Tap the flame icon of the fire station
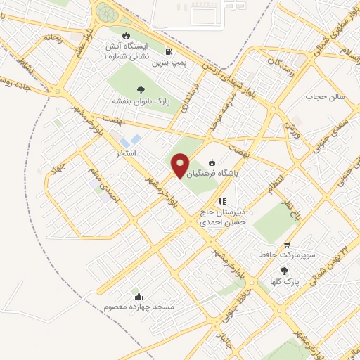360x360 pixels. click(125, 36)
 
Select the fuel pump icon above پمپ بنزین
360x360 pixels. click(169, 51)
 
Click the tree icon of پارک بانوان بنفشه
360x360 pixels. click(141, 90)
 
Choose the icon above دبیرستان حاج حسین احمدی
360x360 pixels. click(222, 201)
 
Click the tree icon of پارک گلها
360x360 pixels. click(285, 271)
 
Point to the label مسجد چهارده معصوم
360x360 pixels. click(139, 307)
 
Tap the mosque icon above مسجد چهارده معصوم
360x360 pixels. click(139, 296)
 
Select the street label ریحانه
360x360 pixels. click(53, 37)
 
